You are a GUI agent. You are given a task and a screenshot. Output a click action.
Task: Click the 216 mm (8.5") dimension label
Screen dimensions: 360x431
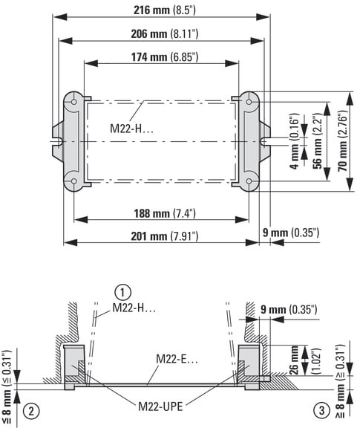point(165,10)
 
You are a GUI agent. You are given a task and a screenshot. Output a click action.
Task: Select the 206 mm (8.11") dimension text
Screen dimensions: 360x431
point(165,33)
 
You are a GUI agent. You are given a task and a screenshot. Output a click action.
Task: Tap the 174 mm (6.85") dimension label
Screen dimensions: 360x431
point(165,57)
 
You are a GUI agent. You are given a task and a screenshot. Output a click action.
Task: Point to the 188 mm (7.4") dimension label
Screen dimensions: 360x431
point(165,213)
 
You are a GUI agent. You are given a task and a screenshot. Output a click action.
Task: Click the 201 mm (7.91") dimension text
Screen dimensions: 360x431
point(165,236)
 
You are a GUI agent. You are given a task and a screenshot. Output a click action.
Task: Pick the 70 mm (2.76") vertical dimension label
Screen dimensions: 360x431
point(343,141)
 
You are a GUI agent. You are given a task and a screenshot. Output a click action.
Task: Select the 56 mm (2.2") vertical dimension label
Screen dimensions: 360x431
point(318,141)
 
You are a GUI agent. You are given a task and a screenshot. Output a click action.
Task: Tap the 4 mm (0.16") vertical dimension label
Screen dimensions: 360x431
point(295,141)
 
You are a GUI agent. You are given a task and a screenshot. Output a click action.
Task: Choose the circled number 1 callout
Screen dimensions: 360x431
point(122,293)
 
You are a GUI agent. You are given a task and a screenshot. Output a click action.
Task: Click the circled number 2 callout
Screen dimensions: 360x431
point(31,411)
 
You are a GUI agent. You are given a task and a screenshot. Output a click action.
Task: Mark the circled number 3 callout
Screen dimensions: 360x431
point(321,411)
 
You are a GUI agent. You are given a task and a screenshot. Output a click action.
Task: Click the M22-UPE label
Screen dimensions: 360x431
point(160,406)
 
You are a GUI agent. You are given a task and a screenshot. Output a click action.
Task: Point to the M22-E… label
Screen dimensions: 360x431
point(177,359)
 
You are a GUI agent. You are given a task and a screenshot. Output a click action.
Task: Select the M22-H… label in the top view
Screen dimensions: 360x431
point(131,129)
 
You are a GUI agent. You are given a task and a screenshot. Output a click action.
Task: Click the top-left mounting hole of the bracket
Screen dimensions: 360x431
point(74,102)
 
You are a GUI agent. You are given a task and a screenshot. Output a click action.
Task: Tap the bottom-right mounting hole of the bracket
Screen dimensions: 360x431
point(249,181)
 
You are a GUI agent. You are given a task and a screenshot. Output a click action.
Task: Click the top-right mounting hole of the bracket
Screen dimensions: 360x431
point(249,102)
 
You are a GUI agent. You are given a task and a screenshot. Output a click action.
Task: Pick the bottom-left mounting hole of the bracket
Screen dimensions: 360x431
point(74,181)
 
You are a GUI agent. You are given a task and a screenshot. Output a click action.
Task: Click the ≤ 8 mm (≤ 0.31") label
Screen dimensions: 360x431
point(7,387)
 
